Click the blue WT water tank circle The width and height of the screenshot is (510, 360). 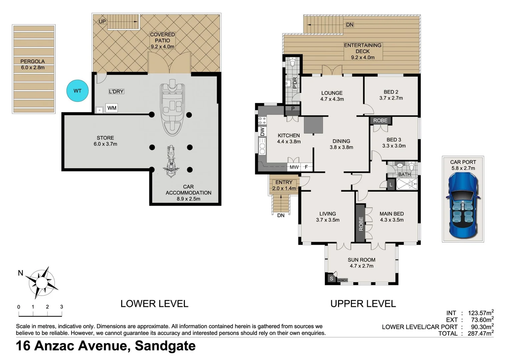[x=77, y=91]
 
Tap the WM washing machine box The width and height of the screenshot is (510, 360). [x=112, y=108]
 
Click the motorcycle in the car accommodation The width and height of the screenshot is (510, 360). [x=170, y=161]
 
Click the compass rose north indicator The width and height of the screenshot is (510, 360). [x=42, y=283]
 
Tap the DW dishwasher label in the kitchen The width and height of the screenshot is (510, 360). [x=262, y=132]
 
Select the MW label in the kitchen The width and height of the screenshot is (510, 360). [x=294, y=167]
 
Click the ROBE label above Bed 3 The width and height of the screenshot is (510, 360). [x=380, y=120]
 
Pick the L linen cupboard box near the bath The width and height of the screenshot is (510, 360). [x=391, y=185]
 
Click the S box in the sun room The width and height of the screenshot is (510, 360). [x=331, y=278]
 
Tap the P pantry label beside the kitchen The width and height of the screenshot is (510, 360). [x=293, y=108]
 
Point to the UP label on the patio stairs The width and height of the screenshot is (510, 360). [x=102, y=21]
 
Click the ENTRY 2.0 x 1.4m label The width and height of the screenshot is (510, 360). [x=284, y=185]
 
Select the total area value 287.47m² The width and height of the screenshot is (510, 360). [x=480, y=333]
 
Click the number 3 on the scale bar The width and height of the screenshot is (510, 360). [x=61, y=307]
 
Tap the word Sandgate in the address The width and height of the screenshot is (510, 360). [x=165, y=346]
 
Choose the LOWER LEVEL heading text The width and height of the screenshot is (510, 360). [x=154, y=304]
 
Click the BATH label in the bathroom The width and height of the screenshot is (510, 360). [x=404, y=174]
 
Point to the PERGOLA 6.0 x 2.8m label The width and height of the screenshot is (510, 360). [x=33, y=64]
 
